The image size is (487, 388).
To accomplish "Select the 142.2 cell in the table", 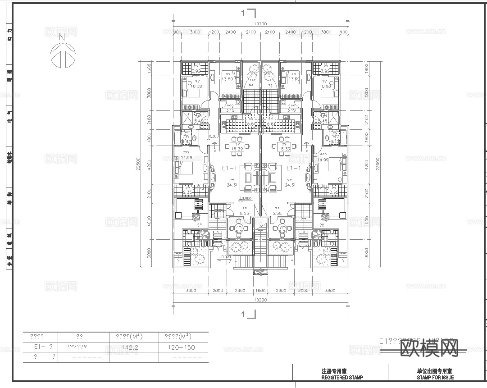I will [x=130, y=347].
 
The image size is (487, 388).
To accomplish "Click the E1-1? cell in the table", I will [x=43, y=347].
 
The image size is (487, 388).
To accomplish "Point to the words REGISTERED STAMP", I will [x=342, y=378].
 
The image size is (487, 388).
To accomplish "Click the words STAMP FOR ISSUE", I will [x=435, y=378].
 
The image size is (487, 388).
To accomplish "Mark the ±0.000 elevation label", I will [x=246, y=198].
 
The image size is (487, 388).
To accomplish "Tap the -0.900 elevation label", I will [x=225, y=257].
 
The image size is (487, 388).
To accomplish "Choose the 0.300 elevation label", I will [x=214, y=137].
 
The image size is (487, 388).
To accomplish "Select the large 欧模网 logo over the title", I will [x=429, y=347].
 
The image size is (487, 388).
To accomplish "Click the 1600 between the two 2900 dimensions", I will [x=260, y=291].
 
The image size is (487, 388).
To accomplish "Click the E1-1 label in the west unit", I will [x=230, y=168].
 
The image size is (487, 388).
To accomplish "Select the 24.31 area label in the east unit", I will [x=290, y=185].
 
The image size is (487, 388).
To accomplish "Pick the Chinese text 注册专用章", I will [x=334, y=372].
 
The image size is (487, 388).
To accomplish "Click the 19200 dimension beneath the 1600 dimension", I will [x=260, y=300].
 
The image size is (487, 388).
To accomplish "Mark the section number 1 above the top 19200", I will [x=243, y=14].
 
